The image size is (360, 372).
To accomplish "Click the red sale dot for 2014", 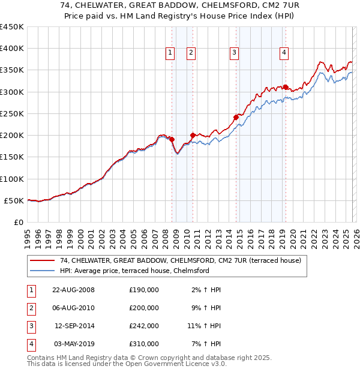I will (x=236, y=117).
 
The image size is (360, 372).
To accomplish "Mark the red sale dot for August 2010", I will (x=193, y=135).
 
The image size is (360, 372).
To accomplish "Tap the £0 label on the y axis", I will (x=18, y=222).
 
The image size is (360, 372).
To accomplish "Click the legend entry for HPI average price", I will (x=134, y=271).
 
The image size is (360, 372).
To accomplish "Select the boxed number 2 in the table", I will (x=31, y=308).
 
